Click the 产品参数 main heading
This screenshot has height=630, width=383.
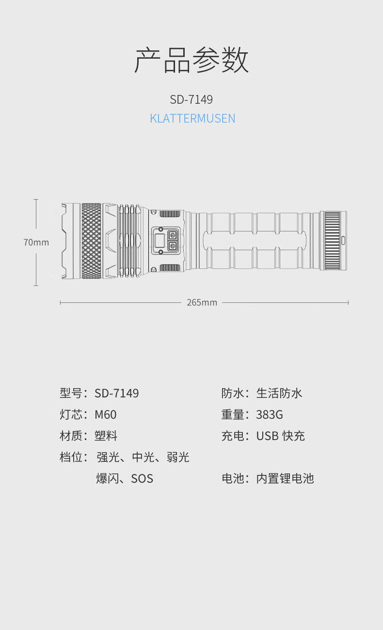tap(191, 61)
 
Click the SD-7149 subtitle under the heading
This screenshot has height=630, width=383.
tap(191, 99)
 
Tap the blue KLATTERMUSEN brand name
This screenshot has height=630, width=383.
tap(192, 118)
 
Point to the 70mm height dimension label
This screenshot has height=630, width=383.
tap(36, 242)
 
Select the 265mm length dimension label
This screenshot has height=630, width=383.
tap(202, 302)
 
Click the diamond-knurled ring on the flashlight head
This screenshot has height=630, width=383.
tap(91, 241)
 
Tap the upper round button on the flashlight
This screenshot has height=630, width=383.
tap(172, 235)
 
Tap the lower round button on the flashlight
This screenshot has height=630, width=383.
tap(172, 247)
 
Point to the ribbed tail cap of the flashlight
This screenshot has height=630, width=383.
tap(333, 241)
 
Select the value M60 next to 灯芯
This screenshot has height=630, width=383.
tap(106, 414)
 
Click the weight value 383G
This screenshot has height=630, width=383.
tap(270, 414)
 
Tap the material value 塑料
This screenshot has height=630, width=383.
tap(106, 436)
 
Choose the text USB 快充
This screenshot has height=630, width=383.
tap(281, 436)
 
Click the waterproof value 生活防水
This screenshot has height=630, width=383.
tap(279, 393)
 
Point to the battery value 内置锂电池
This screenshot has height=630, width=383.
tap(285, 478)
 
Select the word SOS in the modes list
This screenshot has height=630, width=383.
tap(142, 479)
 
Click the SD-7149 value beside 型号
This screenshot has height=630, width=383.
tap(117, 393)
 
